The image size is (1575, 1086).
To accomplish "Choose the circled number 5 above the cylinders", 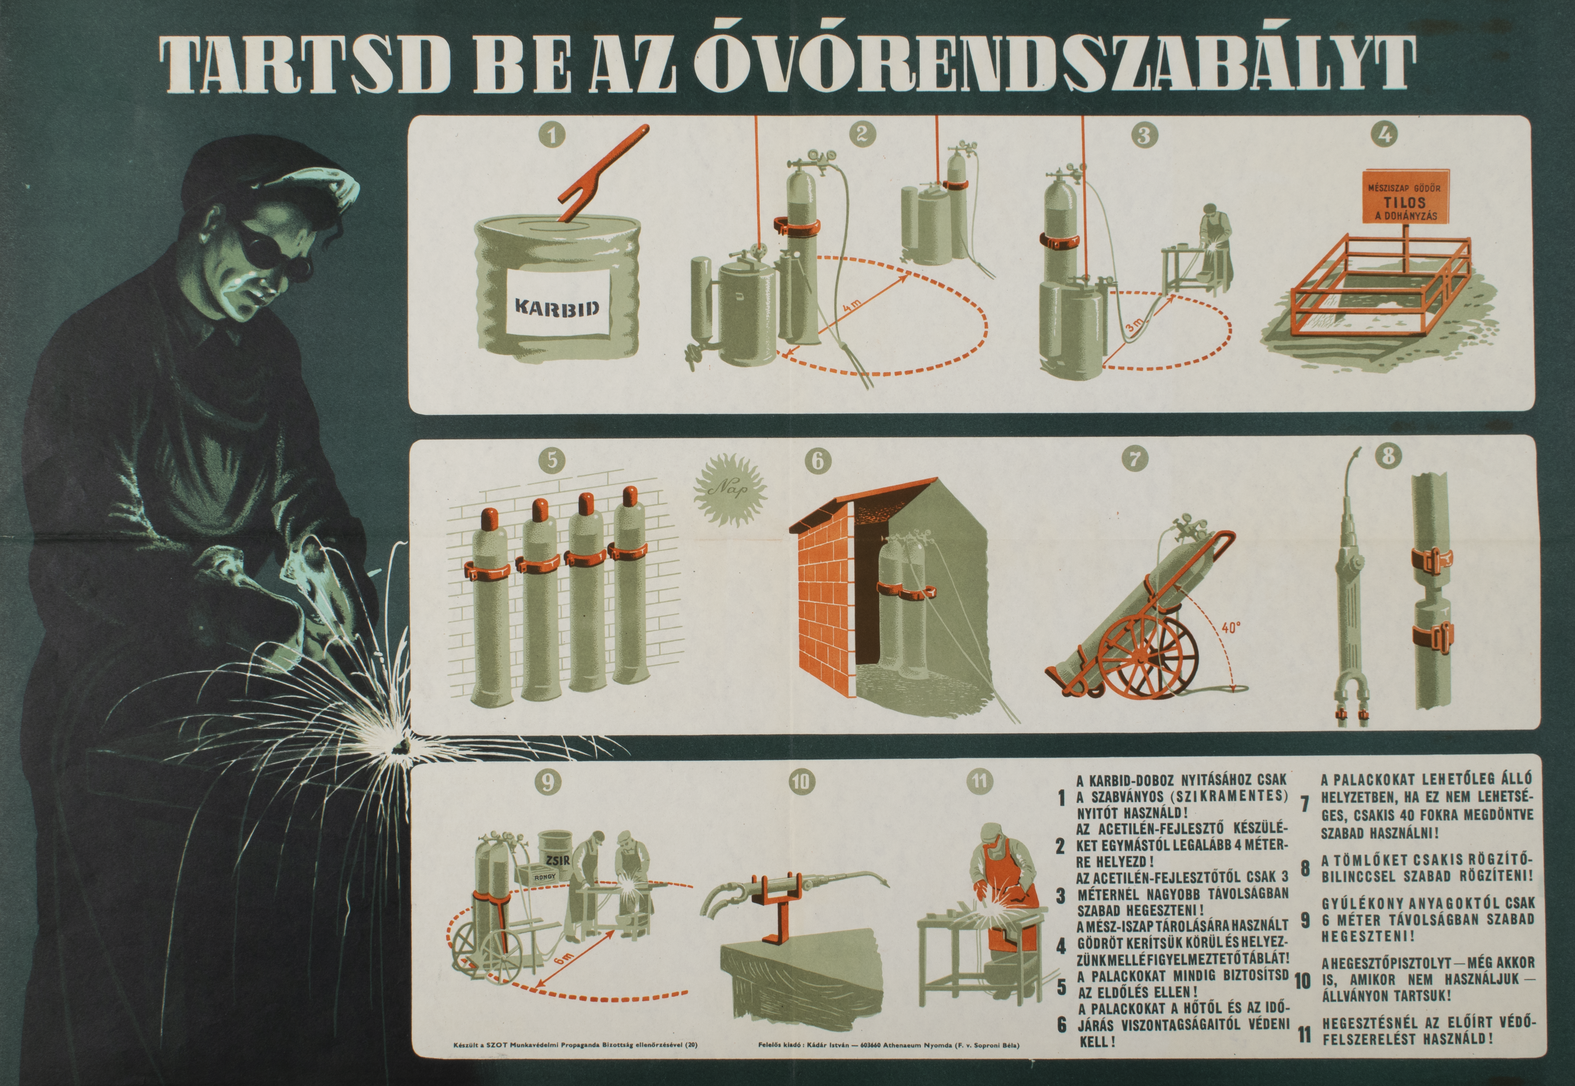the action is point(551,460).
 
